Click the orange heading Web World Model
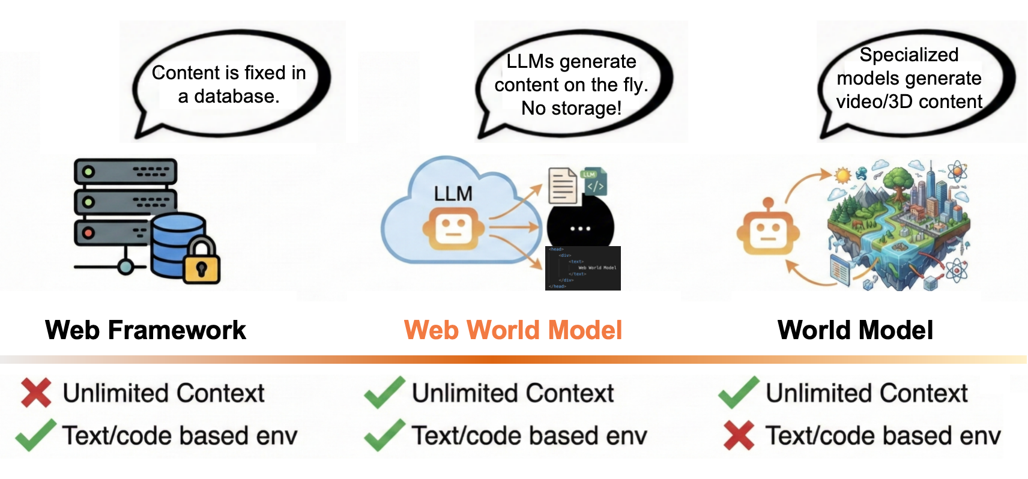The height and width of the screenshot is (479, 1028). pos(513,330)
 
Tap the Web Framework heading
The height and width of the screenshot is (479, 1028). pos(145,330)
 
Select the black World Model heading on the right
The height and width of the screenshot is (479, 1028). pos(855,330)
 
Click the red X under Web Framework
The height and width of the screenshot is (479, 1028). pos(36,393)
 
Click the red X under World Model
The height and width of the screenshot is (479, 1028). pos(739,435)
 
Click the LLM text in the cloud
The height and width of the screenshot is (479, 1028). pos(453,194)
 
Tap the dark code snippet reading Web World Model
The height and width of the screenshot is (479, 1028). pos(582,268)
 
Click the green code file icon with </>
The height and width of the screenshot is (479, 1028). pos(594,182)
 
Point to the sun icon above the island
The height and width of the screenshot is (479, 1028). pos(843,176)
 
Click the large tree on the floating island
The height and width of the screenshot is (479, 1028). pos(899,179)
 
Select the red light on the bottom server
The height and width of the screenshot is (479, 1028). pos(88,233)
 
